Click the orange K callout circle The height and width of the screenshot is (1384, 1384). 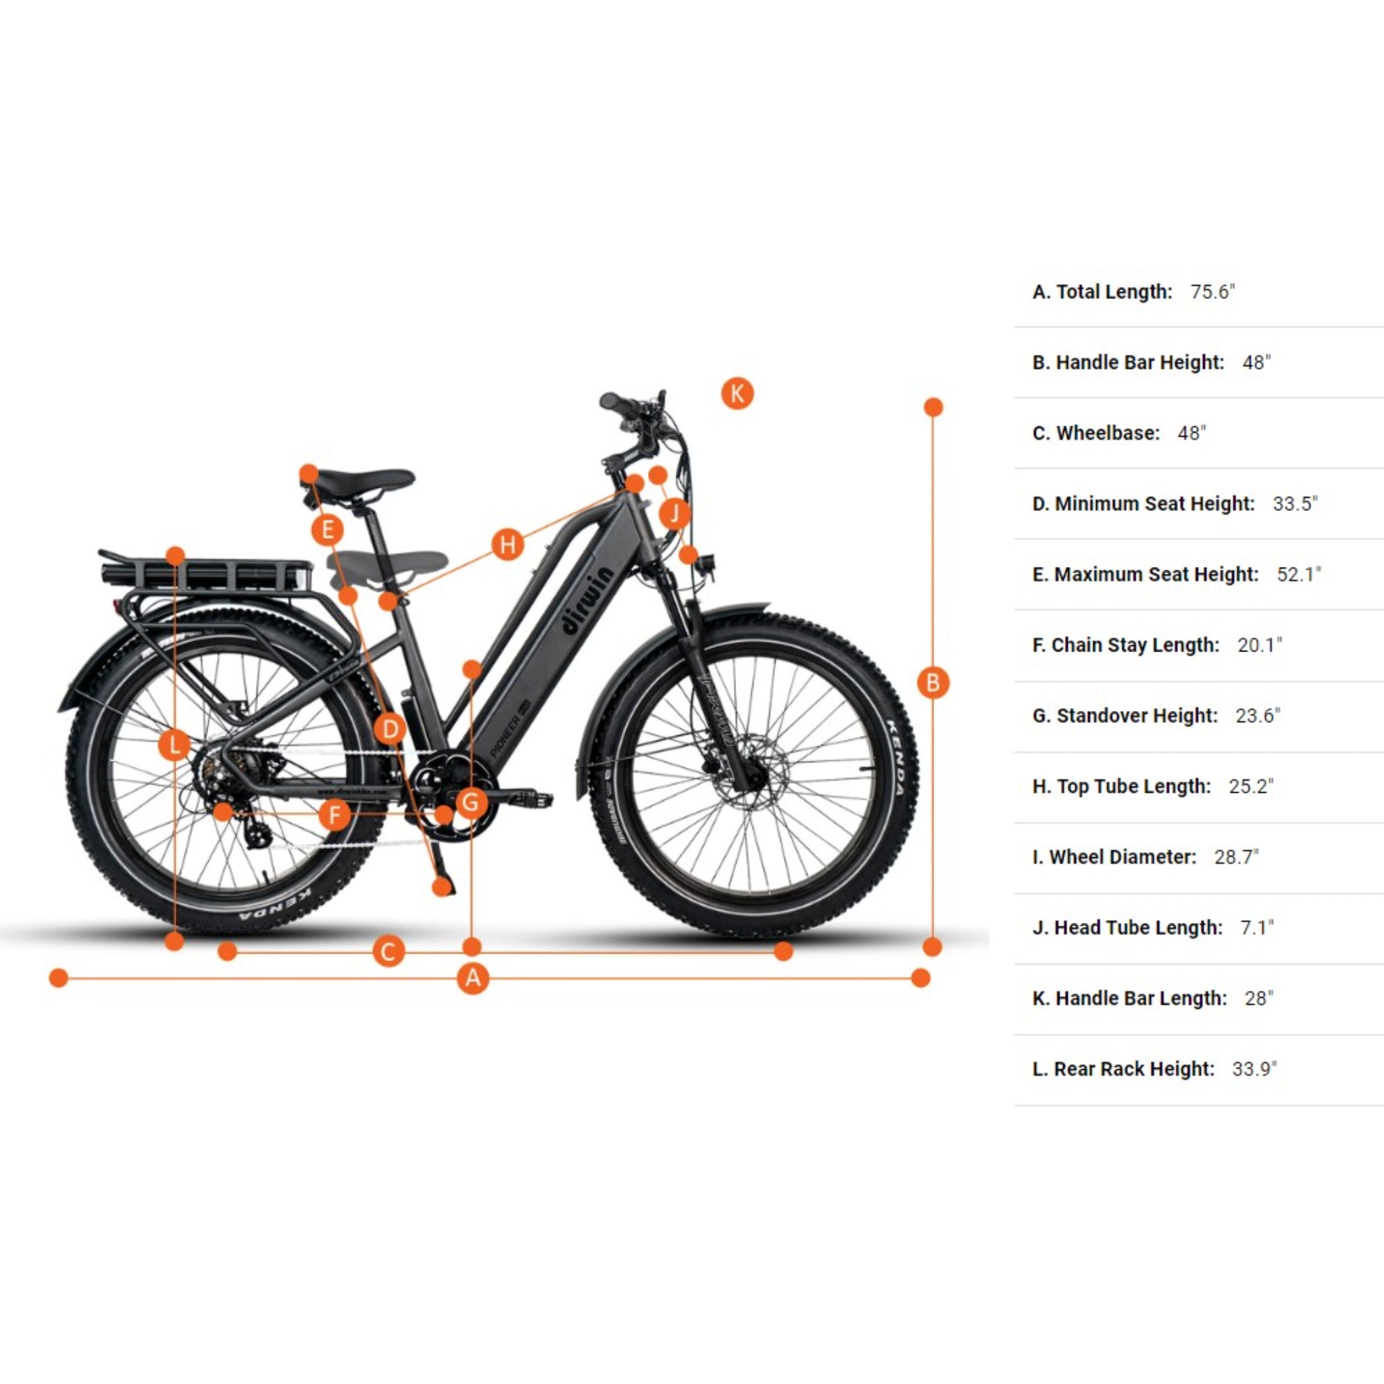click(x=737, y=393)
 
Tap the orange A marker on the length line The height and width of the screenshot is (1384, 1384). click(x=473, y=978)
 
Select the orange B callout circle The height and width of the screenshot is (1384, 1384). click(x=933, y=683)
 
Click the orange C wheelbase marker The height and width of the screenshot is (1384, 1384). click(x=389, y=952)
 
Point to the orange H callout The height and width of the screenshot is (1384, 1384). click(x=508, y=545)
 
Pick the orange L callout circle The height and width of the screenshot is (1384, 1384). click(x=174, y=745)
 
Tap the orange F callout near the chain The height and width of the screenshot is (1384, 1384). click(x=334, y=814)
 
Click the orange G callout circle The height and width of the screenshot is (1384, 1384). click(x=470, y=801)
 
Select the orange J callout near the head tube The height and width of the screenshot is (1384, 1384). click(x=674, y=513)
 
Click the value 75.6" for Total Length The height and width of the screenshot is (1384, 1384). click(x=1213, y=291)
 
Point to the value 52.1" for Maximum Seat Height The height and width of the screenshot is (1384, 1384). click(x=1299, y=574)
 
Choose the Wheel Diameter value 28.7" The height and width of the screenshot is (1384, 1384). click(x=1236, y=857)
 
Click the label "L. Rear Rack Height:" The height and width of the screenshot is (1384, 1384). click(x=1123, y=1069)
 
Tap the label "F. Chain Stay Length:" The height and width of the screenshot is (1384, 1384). click(x=1125, y=645)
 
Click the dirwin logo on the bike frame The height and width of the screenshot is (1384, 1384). click(x=588, y=601)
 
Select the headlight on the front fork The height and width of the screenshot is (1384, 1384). click(x=712, y=562)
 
